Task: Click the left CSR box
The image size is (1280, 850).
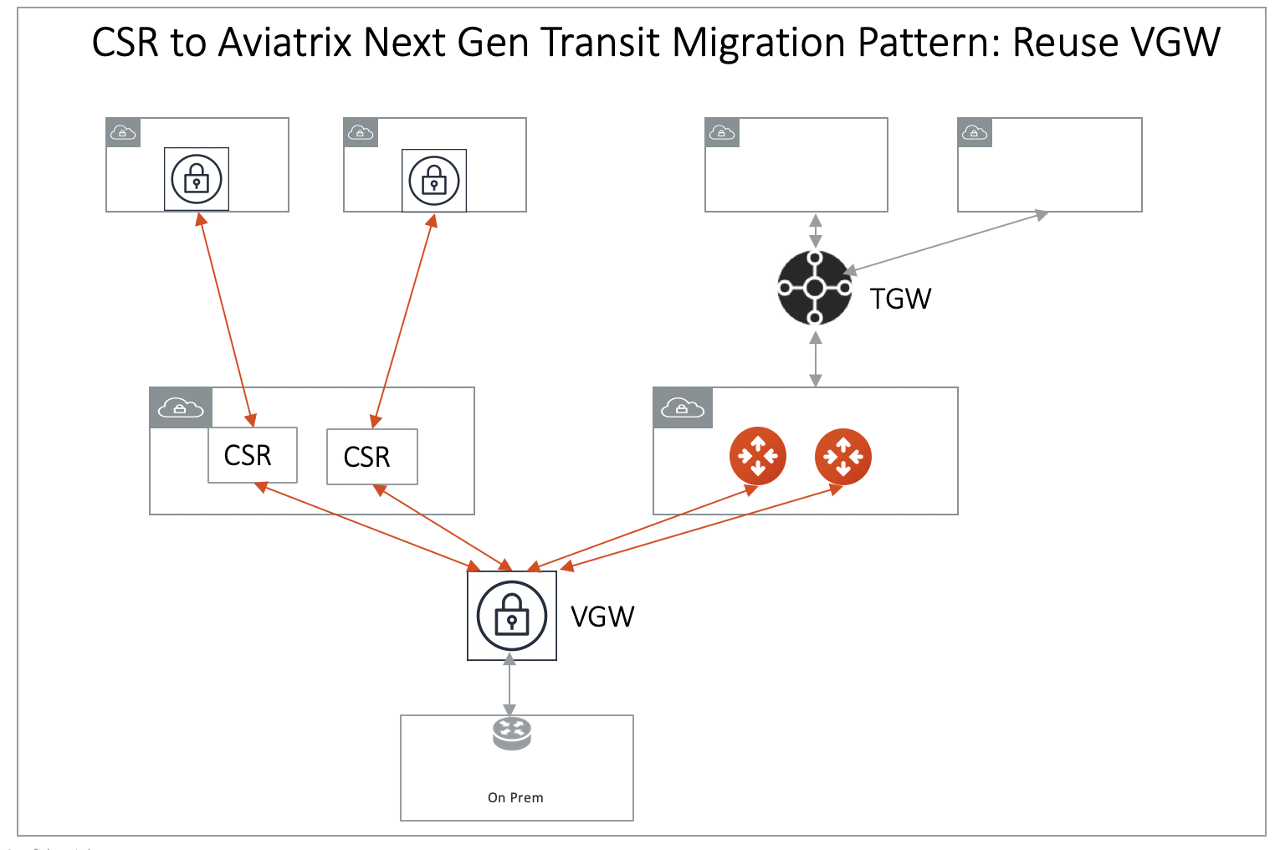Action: (252, 455)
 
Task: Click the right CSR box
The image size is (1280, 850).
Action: (371, 457)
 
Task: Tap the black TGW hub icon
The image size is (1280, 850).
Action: (814, 288)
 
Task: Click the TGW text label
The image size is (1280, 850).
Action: (900, 299)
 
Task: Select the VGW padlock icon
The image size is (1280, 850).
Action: (512, 616)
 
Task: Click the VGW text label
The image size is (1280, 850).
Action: (602, 617)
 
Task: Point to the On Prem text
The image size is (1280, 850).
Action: (515, 797)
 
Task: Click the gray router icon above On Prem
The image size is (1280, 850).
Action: (511, 733)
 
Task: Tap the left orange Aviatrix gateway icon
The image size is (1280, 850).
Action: (758, 456)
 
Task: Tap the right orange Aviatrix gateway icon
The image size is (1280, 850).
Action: (843, 456)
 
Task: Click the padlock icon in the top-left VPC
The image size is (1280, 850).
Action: (197, 179)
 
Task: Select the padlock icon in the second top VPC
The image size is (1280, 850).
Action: (434, 181)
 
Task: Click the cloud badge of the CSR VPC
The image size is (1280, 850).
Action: (181, 407)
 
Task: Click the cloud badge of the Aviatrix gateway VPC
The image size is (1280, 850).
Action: (683, 407)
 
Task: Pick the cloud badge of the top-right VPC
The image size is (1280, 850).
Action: (975, 132)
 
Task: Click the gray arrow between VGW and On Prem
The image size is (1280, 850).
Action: (509, 686)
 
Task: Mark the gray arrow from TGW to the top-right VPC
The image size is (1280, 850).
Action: (945, 243)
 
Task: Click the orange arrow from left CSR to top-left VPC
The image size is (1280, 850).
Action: (224, 319)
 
